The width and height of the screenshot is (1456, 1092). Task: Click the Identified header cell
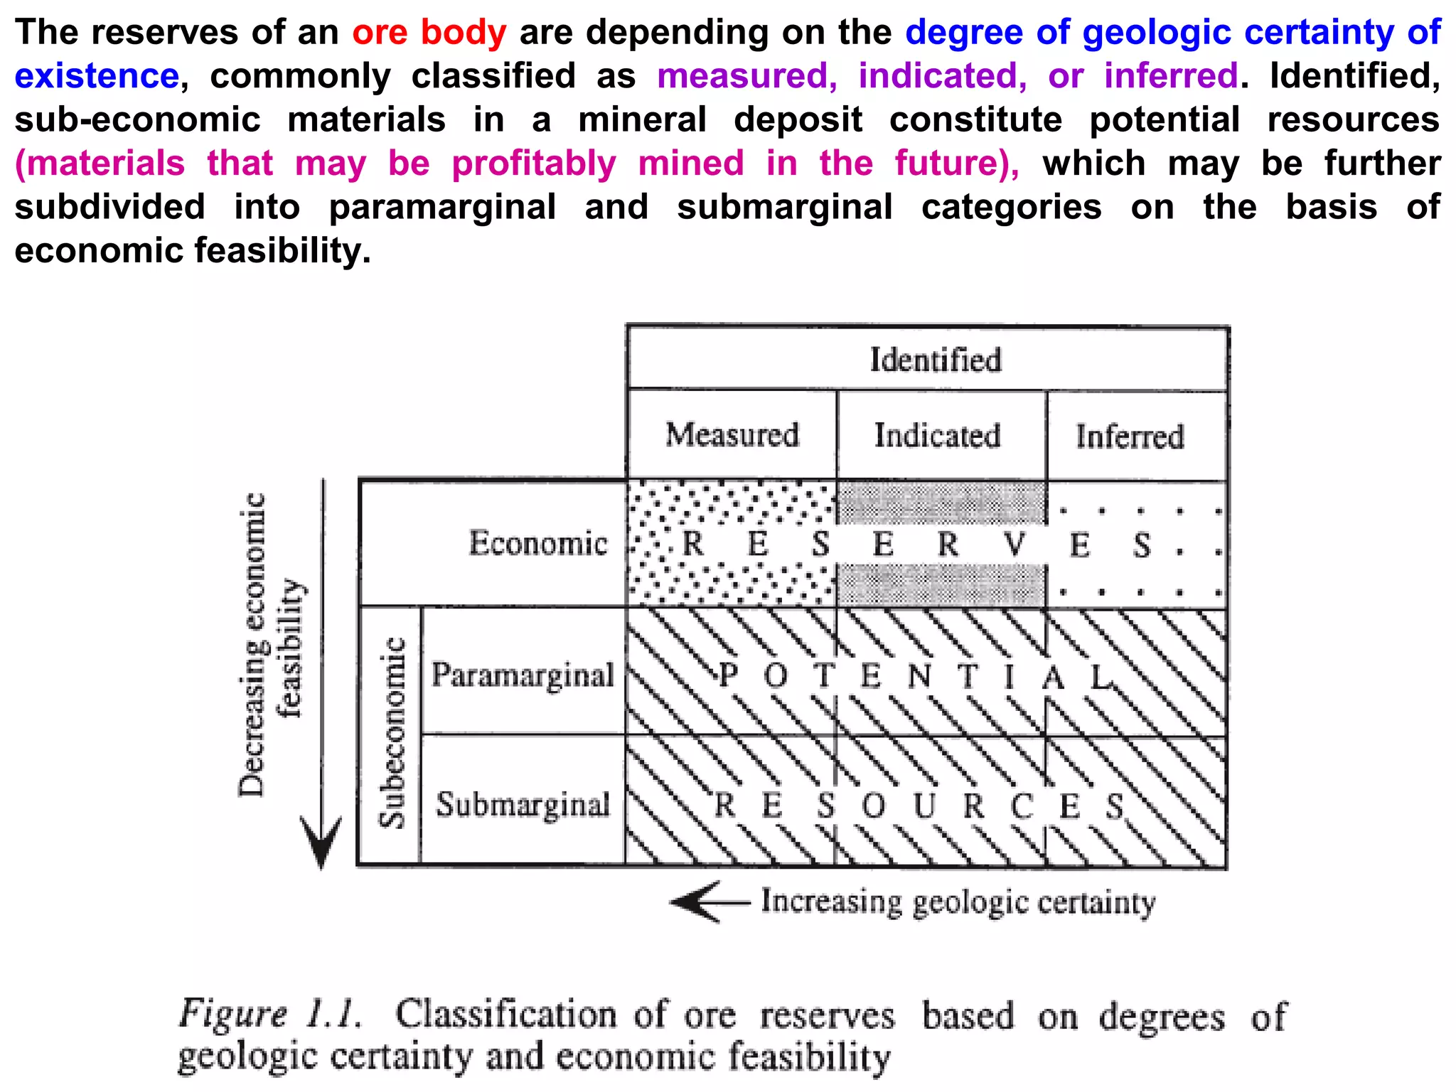coord(936,360)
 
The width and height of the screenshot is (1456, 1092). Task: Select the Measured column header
coord(732,434)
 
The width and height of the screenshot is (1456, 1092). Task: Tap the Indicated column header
coord(938,435)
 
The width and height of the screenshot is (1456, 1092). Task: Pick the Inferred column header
coord(1130,437)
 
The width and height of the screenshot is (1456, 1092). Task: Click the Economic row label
coord(538,543)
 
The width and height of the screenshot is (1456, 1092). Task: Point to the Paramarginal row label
coord(523,675)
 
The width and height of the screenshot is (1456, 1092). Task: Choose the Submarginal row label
coord(523,805)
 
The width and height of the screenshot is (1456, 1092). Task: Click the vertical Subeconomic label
coord(392,733)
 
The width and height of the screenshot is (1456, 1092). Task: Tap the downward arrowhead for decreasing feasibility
coord(321,842)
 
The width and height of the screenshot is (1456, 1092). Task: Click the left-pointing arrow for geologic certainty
coord(700,902)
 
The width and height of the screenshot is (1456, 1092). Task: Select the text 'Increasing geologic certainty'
coord(958,902)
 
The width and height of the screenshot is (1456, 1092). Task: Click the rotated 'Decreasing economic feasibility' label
coord(271,643)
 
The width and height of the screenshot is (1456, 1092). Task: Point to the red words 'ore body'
coord(429,32)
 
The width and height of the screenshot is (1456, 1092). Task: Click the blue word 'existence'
coord(97,76)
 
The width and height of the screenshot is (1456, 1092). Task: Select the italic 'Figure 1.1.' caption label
coord(269,1014)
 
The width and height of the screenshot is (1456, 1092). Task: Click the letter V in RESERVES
coord(1015,545)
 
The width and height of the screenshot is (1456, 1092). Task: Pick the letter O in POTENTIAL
coord(776,675)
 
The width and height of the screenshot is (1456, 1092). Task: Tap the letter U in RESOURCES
coord(924,806)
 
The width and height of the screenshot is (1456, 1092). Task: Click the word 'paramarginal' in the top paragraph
coord(442,208)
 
